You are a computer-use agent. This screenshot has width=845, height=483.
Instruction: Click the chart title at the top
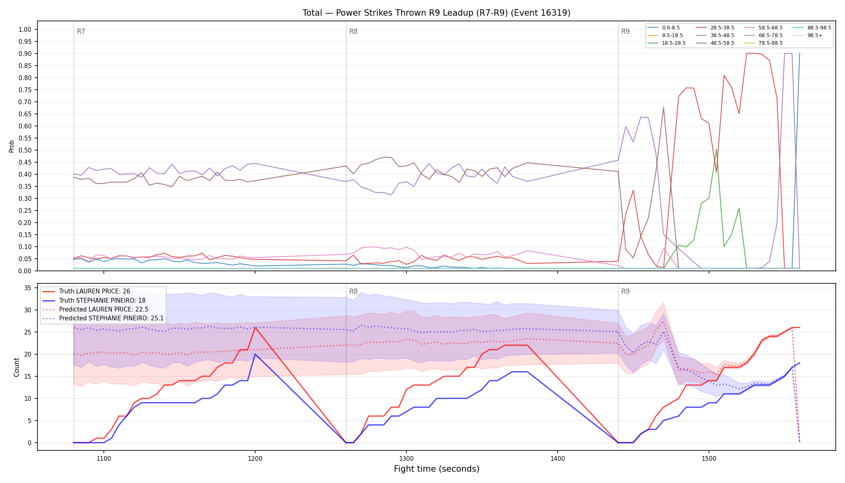(436, 13)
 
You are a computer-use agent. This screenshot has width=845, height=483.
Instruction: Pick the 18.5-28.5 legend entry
(666, 43)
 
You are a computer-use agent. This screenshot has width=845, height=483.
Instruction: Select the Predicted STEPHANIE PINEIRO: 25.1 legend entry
(103, 318)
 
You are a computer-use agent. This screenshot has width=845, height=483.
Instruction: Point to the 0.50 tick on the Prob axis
(25, 150)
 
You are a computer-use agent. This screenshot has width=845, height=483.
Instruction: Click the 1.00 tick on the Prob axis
(25, 29)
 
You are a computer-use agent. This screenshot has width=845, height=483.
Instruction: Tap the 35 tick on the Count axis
(28, 288)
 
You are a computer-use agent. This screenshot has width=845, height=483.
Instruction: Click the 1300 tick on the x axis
(406, 458)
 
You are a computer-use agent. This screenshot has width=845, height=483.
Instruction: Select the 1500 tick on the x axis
(709, 458)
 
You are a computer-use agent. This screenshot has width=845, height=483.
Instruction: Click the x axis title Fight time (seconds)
(437, 469)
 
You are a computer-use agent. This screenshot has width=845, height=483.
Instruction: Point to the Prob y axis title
(11, 146)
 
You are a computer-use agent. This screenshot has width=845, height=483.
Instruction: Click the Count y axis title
(16, 367)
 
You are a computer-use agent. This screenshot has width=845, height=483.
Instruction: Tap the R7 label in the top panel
(81, 31)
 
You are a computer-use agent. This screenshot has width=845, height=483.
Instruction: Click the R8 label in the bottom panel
(353, 291)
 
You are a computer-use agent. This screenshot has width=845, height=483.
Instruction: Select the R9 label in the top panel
(625, 31)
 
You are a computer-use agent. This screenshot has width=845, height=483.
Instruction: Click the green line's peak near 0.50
(716, 149)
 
